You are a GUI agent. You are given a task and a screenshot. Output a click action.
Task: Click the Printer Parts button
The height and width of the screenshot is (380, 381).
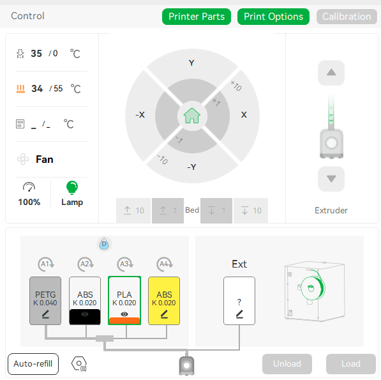point(197,17)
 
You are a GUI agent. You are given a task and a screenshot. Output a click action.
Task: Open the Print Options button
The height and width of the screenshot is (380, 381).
point(273,17)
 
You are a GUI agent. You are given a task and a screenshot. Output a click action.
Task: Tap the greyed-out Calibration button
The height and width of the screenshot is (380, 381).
point(347,17)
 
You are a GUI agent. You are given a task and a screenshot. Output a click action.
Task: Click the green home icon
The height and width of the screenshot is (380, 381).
point(192,116)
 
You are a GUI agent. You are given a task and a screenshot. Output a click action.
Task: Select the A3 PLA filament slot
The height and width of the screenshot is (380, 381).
point(124,301)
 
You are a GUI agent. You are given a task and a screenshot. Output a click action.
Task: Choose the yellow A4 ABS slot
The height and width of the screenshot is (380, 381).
point(164,301)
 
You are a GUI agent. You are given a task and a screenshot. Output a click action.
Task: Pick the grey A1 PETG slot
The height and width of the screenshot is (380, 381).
point(45,301)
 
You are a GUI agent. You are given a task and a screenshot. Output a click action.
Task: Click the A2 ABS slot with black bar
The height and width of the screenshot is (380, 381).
point(85,301)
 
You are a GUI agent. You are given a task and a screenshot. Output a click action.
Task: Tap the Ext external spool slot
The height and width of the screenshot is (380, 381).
point(239,301)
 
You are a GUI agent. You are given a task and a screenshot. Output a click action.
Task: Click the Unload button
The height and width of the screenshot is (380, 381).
point(287,363)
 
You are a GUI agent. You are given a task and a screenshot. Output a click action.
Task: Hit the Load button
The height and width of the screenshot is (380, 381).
point(351,363)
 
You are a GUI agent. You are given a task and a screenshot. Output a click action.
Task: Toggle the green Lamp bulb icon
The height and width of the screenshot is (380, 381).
point(72,188)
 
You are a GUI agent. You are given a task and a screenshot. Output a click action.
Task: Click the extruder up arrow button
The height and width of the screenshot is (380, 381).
point(331,73)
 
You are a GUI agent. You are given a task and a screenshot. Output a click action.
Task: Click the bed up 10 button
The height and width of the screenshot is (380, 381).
point(133,210)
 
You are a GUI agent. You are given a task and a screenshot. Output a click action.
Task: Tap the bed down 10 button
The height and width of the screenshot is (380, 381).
point(251,210)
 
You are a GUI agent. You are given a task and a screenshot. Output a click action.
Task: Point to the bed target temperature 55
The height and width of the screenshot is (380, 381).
point(58,89)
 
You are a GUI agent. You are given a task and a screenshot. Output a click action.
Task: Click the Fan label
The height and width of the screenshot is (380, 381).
point(45,160)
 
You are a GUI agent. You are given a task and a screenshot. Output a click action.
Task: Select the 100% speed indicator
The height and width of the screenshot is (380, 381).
point(29,202)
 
